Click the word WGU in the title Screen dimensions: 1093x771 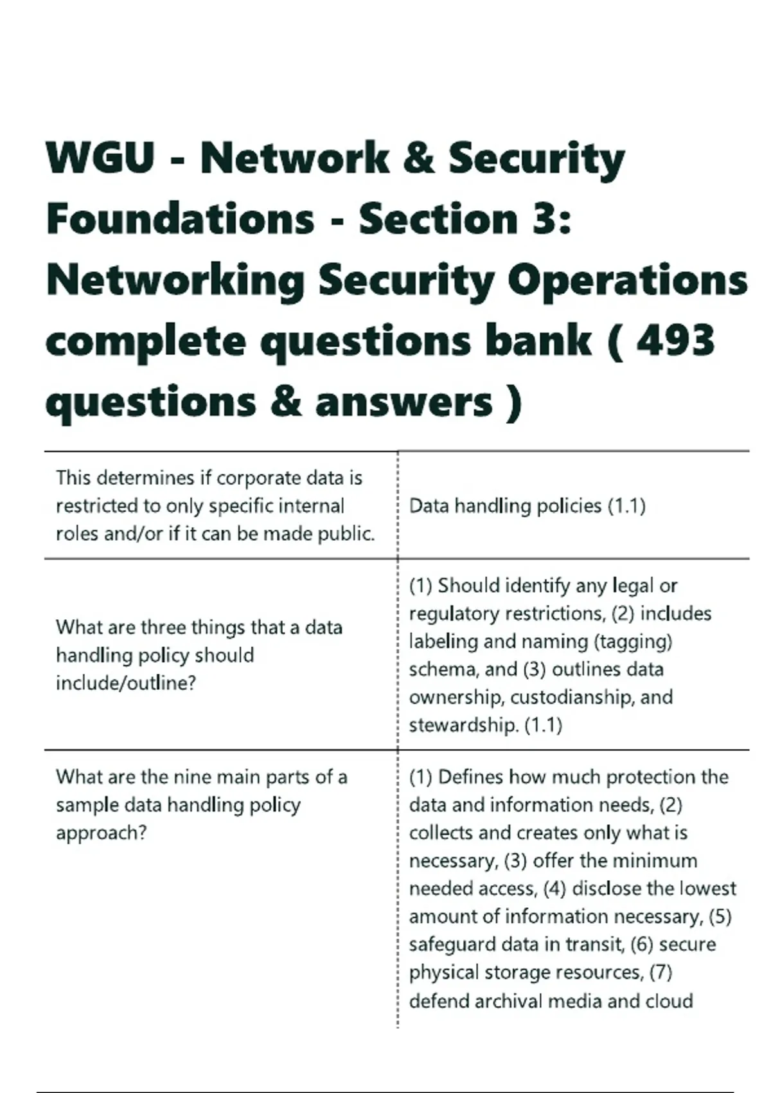pos(100,158)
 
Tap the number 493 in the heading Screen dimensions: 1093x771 pos(675,340)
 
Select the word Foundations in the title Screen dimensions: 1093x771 pos(181,219)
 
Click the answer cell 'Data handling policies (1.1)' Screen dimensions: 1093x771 pos(527,506)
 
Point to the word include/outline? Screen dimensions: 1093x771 pos(125,683)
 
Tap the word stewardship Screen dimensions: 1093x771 pos(463,725)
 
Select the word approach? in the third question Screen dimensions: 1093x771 pos(101,833)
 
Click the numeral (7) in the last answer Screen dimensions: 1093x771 pos(660,972)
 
